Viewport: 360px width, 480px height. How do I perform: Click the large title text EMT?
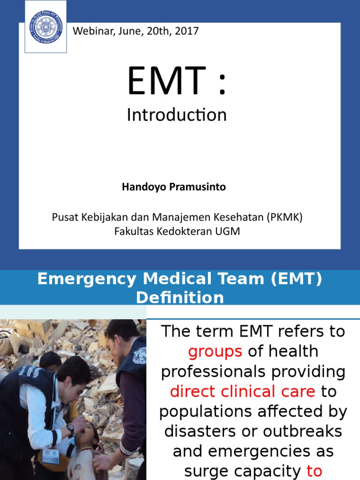tap(166, 82)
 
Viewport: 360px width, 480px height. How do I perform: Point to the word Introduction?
tap(176, 115)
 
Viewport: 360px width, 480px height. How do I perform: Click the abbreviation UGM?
tap(229, 231)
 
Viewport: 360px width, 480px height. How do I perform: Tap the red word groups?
tap(215, 351)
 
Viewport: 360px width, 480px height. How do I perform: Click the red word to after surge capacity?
tap(314, 471)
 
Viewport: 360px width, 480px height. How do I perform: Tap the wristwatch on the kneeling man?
tap(71, 428)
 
